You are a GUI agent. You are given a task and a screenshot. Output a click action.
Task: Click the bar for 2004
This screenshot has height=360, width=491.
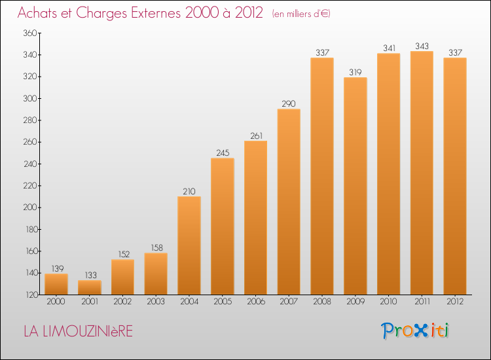coord(189,245)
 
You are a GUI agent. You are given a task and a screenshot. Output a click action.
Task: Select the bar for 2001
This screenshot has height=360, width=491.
coord(89,287)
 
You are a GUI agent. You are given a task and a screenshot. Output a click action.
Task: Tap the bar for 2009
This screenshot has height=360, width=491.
coord(355,186)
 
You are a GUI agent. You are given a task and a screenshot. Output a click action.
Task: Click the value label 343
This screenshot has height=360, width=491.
coord(422,46)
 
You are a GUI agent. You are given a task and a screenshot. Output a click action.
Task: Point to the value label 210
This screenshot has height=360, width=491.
coord(189,191)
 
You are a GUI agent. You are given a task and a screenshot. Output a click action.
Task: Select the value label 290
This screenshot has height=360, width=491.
coord(289,103)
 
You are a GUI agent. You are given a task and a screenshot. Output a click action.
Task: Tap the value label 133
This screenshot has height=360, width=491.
coord(89,275)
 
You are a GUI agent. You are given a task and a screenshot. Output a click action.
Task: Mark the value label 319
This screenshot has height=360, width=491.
coord(355,72)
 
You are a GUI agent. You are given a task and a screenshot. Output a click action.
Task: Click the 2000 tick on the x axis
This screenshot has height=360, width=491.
coord(56,302)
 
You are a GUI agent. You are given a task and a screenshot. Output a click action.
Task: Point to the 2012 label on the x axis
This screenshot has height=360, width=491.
coord(455,302)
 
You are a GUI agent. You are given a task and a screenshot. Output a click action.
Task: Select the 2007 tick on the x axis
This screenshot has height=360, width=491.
coord(289,302)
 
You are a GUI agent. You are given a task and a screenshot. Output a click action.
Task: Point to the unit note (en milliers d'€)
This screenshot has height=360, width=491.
coord(301,14)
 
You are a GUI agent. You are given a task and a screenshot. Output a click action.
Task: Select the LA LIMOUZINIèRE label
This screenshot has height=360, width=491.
coord(78,332)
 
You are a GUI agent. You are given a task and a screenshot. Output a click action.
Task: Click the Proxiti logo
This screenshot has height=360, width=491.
coord(415,331)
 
